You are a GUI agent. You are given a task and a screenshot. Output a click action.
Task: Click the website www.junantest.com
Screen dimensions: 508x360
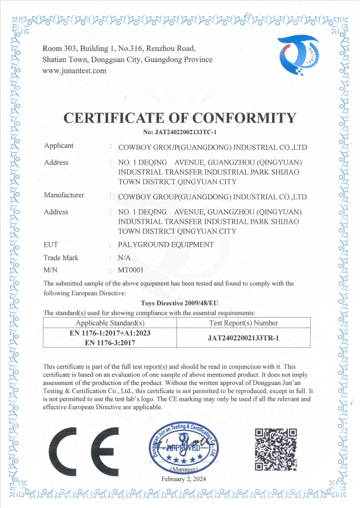pyautogui.click(x=75, y=71)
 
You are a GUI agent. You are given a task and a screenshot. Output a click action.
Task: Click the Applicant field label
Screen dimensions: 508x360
pyautogui.click(x=59, y=145)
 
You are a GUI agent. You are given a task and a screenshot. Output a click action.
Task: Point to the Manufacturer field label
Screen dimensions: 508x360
pyautogui.click(x=64, y=195)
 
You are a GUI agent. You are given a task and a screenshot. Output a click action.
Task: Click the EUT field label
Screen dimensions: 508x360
pyautogui.click(x=50, y=244)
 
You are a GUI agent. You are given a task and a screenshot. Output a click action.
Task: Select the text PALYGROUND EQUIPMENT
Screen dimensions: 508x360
pyautogui.click(x=166, y=244)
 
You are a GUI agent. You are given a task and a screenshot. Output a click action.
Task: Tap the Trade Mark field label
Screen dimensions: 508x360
pyautogui.click(x=61, y=257)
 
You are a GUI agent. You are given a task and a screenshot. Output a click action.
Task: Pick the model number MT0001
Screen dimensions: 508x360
pyautogui.click(x=131, y=270)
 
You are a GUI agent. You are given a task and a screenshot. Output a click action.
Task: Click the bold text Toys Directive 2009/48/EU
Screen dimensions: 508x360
pyautogui.click(x=180, y=303)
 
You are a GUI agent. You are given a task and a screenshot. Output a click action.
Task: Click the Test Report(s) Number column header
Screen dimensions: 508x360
pyautogui.click(x=243, y=323)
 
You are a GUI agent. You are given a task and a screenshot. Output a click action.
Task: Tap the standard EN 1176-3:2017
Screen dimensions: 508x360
pyautogui.click(x=110, y=343)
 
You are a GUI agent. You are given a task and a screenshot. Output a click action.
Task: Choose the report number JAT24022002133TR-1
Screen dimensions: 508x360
pyautogui.click(x=243, y=338)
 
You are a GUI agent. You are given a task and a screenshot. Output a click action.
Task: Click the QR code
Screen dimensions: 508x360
pyautogui.click(x=276, y=449)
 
